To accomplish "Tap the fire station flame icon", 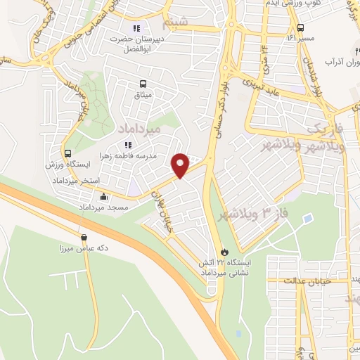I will tap(224, 251).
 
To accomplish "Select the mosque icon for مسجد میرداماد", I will tap(104, 198).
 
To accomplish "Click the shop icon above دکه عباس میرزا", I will tap(84, 237).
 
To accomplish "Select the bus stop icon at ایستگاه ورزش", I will tap(67, 153).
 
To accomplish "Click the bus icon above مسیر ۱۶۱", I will tap(300, 27).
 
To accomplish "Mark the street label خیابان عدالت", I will tap(302, 281).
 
